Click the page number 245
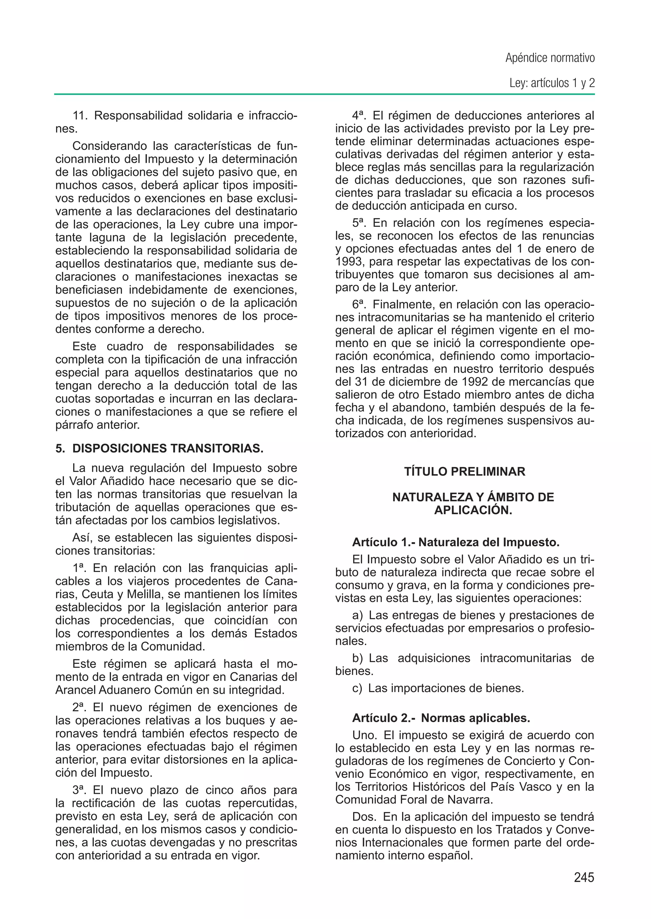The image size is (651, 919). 584,877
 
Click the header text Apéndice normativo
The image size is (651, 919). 550,58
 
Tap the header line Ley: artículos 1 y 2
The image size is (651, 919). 552,83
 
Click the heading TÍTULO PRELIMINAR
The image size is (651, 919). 465,471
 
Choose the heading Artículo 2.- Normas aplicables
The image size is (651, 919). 441,718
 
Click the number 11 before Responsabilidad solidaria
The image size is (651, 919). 80,116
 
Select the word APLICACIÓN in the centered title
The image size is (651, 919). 473,511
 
